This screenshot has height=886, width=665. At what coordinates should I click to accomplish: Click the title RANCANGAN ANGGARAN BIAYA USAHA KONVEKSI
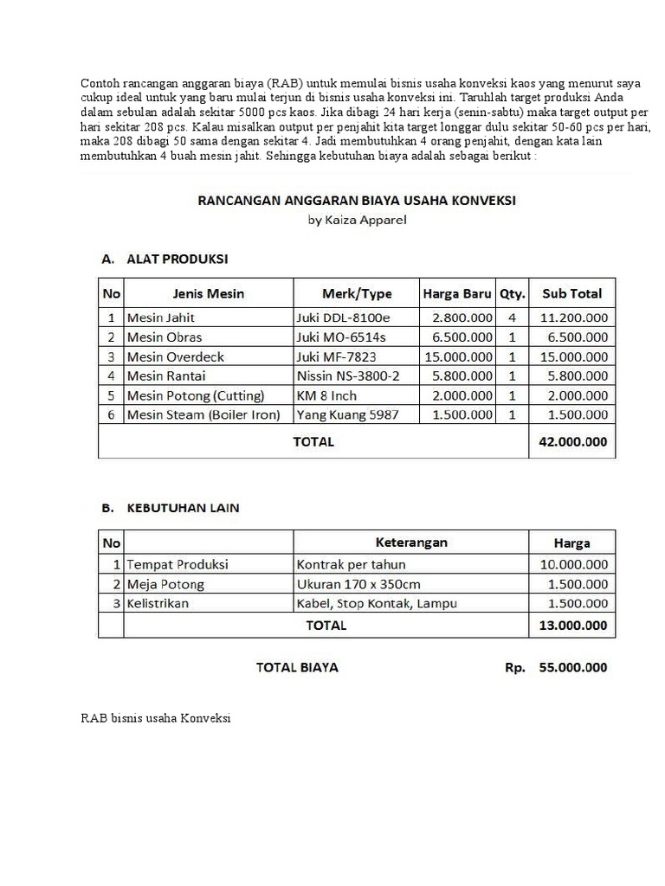pyautogui.click(x=357, y=200)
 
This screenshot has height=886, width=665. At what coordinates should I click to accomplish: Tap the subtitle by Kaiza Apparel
pyautogui.click(x=357, y=220)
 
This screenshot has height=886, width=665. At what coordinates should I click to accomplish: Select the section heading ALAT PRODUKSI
pyautogui.click(x=178, y=258)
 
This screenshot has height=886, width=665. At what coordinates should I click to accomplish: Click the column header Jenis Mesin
pyautogui.click(x=209, y=293)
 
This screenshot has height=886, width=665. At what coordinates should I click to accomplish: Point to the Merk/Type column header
pyautogui.click(x=356, y=293)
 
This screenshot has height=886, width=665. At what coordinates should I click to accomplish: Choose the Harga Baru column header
pyautogui.click(x=457, y=293)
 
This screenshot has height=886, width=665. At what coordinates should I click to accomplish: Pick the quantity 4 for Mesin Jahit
pyautogui.click(x=512, y=318)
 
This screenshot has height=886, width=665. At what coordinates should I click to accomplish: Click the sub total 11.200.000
pyautogui.click(x=574, y=318)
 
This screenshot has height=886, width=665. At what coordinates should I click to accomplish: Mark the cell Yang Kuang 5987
pyautogui.click(x=347, y=414)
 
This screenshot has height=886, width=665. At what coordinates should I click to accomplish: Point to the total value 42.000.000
pyautogui.click(x=574, y=441)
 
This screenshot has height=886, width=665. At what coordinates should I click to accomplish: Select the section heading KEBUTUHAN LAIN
pyautogui.click(x=183, y=508)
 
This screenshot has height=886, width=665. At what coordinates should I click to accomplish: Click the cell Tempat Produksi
pyautogui.click(x=178, y=564)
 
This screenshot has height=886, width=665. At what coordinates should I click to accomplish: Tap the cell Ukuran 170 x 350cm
pyautogui.click(x=358, y=584)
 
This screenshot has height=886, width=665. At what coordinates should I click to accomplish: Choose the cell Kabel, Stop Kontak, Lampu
pyautogui.click(x=377, y=603)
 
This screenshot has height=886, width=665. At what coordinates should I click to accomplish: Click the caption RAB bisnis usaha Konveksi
pyautogui.click(x=155, y=718)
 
